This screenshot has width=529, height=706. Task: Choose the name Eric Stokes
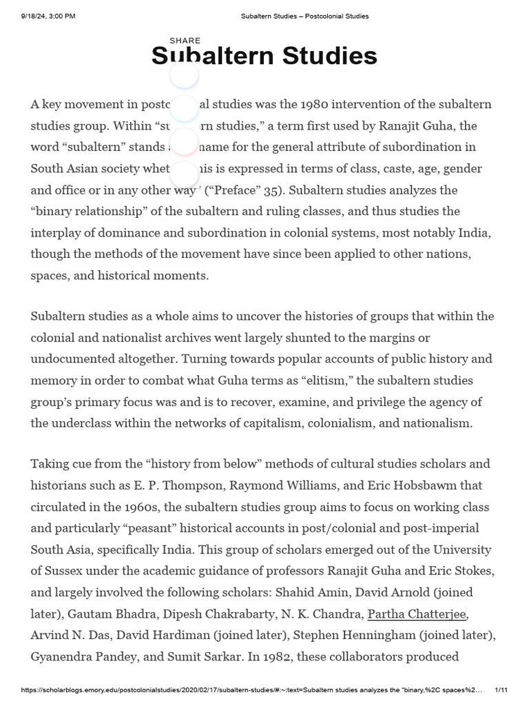pos(464,571)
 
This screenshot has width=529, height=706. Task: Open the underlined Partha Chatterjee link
pos(417,614)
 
